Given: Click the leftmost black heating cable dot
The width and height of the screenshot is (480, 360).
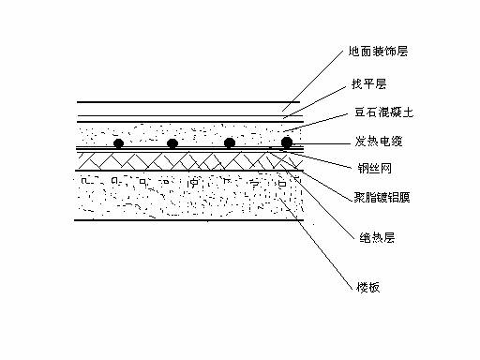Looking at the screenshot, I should (x=118, y=143).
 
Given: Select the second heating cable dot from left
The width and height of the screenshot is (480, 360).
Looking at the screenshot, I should (x=173, y=143).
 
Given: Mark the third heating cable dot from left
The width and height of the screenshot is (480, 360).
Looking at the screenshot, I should (x=229, y=143).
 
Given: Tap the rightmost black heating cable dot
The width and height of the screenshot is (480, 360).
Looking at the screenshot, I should (x=287, y=142).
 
